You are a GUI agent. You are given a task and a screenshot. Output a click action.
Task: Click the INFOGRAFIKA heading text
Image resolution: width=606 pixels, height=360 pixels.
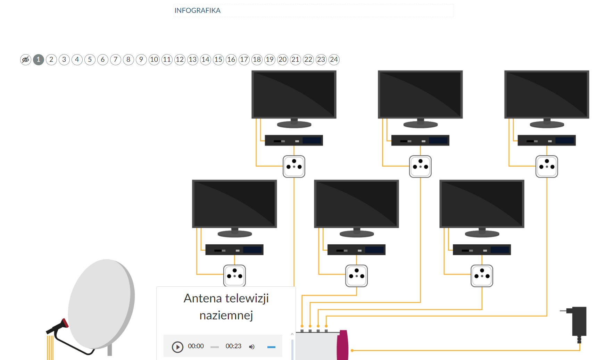pyautogui.click(x=197, y=10)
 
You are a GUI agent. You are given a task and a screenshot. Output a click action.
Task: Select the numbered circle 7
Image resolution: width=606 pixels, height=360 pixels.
pyautogui.click(x=116, y=59)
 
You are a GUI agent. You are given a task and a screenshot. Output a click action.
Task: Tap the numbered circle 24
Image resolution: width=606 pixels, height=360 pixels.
pyautogui.click(x=334, y=59)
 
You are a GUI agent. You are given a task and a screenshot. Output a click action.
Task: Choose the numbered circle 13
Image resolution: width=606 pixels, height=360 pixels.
pyautogui.click(x=193, y=59)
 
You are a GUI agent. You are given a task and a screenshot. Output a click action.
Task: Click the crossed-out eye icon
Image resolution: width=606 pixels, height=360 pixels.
pyautogui.click(x=25, y=59)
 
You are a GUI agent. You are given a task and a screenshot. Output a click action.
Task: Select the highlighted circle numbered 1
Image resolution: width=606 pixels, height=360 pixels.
pyautogui.click(x=39, y=59)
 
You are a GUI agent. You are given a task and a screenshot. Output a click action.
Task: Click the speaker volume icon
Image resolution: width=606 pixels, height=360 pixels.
pyautogui.click(x=252, y=346)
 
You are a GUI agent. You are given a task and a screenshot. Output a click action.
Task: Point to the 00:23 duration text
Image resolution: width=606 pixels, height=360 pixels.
pyautogui.click(x=233, y=346)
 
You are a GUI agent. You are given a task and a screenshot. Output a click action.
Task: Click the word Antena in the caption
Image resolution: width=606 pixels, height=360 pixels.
pyautogui.click(x=202, y=298)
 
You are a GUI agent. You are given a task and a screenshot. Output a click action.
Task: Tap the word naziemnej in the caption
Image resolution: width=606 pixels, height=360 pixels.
pyautogui.click(x=226, y=315)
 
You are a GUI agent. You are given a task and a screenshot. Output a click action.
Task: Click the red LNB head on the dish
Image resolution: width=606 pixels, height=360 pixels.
pyautogui.click(x=64, y=324)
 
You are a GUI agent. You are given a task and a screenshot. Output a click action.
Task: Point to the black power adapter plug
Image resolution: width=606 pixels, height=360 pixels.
pyautogui.click(x=579, y=321)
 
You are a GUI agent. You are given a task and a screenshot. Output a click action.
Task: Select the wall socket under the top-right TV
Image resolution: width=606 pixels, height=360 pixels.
pyautogui.click(x=547, y=166)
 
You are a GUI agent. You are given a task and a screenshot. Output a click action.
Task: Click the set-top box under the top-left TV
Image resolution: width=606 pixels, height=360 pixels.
pyautogui.click(x=294, y=140)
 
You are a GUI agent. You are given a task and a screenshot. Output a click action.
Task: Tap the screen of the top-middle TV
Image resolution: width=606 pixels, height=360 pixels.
pyautogui.click(x=420, y=94)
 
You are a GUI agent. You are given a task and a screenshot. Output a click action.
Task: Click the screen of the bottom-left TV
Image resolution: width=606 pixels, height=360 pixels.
pyautogui.click(x=234, y=203)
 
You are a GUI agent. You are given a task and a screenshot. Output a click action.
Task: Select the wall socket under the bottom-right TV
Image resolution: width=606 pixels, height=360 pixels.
pyautogui.click(x=482, y=276)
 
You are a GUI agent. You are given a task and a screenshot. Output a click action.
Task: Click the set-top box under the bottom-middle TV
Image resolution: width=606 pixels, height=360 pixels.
pyautogui.click(x=356, y=250)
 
